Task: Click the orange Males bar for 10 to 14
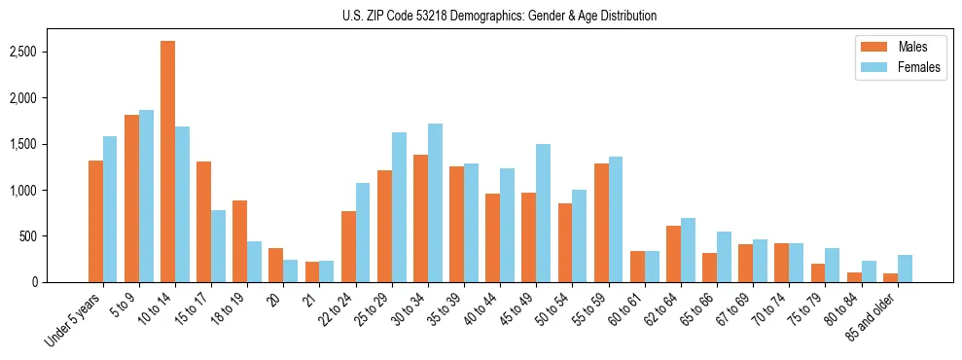[x=168, y=162]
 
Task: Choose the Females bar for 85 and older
[x=905, y=269]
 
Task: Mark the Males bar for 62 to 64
[x=673, y=254]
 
